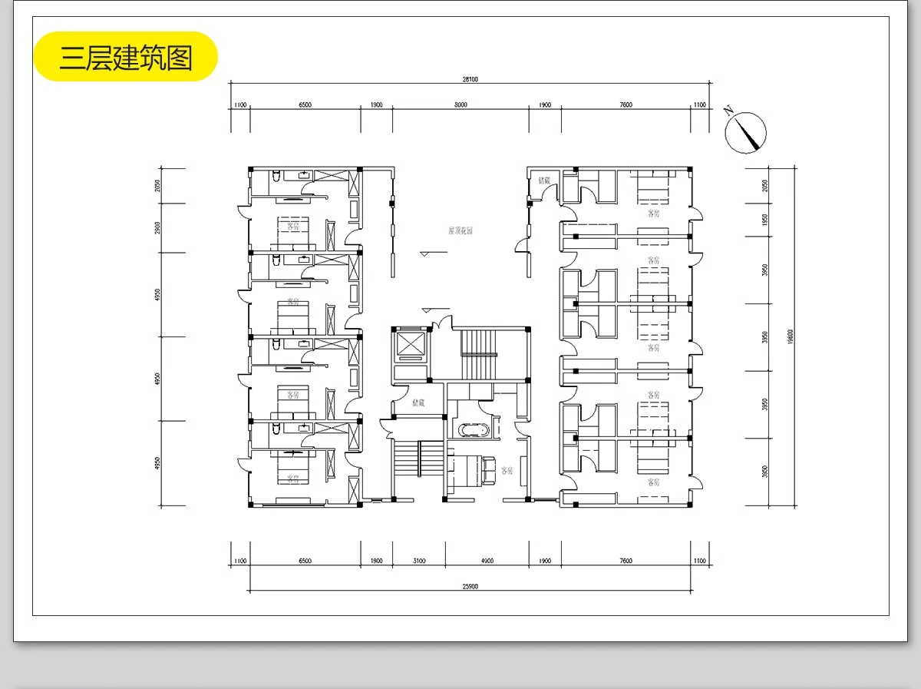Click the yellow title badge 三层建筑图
[126, 57]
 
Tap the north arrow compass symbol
[746, 131]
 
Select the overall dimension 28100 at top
[470, 78]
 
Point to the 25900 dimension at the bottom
[470, 587]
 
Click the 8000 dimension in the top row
[460, 104]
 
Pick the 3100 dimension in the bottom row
[418, 561]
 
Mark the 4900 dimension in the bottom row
[487, 561]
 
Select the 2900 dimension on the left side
[157, 227]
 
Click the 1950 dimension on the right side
[764, 220]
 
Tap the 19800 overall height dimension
[790, 336]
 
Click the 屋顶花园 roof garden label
[460, 230]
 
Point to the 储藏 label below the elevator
[418, 402]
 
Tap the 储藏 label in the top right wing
[544, 181]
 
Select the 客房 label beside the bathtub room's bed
[507, 470]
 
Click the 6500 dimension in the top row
[305, 104]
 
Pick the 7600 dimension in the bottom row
[626, 561]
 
